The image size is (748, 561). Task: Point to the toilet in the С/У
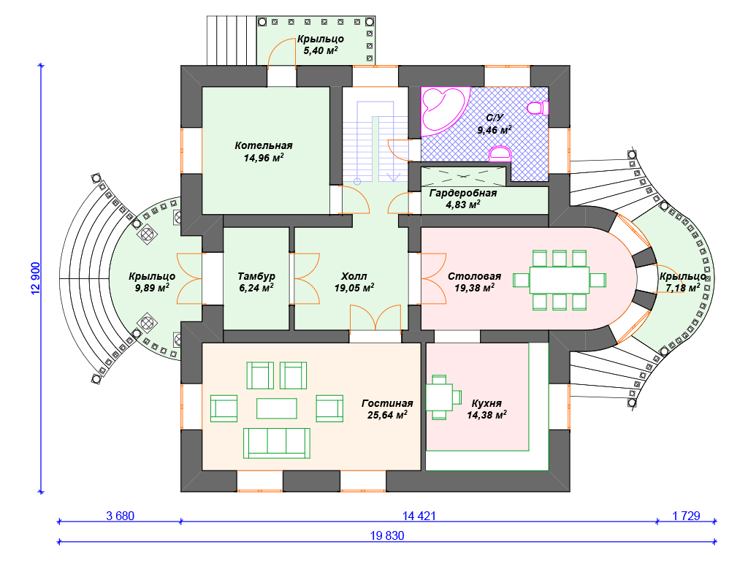tap(538, 108)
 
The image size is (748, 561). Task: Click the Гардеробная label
tap(462, 193)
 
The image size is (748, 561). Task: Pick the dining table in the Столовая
tap(560, 280)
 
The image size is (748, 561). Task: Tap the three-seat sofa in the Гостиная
tap(276, 442)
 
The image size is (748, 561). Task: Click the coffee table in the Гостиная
tap(276, 407)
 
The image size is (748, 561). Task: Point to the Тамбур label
tap(256, 276)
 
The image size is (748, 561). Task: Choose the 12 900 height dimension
tap(35, 278)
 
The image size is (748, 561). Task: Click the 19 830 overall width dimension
tap(386, 535)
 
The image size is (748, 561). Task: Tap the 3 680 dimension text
tap(120, 516)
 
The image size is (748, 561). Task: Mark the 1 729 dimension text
tap(686, 516)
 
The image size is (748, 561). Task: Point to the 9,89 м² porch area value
tap(151, 288)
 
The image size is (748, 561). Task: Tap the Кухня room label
tap(486, 402)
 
